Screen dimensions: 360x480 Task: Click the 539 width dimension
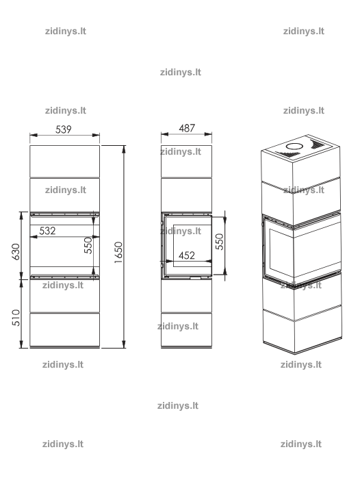tap(64, 129)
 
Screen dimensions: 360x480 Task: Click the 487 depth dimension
tap(187, 128)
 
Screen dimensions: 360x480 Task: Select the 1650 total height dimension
tap(118, 252)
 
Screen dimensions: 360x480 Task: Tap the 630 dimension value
tap(16, 251)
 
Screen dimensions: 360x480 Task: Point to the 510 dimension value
tap(16, 318)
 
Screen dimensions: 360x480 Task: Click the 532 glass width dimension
tap(47, 231)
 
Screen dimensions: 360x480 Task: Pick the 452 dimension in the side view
tap(187, 255)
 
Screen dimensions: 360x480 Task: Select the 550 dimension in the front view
tap(88, 245)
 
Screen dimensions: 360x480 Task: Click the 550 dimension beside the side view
tap(220, 242)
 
